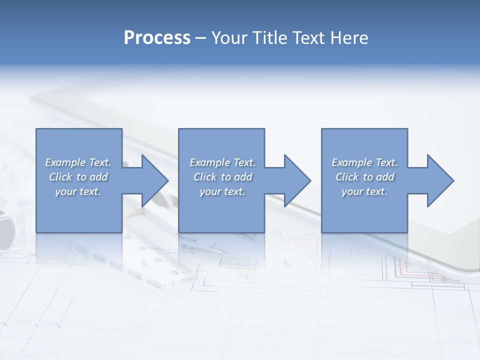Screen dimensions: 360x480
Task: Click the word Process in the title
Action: click(x=157, y=37)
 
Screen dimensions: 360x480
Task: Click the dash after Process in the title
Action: click(x=201, y=38)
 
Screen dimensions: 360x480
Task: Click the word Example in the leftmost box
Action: click(x=65, y=162)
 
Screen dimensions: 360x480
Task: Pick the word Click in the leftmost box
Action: click(x=61, y=177)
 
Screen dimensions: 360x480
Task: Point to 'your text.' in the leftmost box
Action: click(x=78, y=191)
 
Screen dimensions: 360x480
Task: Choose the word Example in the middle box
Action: click(x=209, y=162)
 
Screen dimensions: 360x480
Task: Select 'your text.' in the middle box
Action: click(x=222, y=191)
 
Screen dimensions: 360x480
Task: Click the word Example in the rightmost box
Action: click(x=351, y=162)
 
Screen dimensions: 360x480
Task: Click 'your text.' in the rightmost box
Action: click(x=364, y=191)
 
